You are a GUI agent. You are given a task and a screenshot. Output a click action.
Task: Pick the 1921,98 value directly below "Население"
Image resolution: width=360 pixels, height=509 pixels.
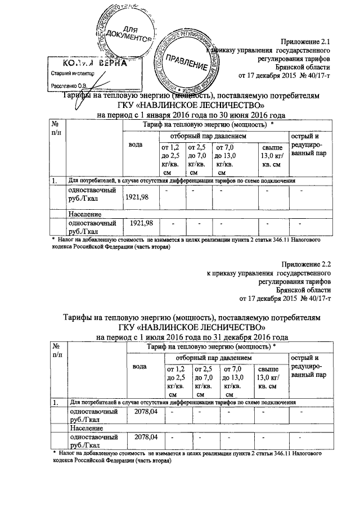coord(138,223)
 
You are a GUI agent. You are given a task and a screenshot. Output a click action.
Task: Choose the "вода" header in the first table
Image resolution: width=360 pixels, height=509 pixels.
coord(136,145)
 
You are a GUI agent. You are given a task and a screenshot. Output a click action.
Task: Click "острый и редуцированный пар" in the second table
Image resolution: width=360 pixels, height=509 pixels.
coord(308,366)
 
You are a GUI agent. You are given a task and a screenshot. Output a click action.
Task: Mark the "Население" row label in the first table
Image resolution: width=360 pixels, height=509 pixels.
coord(85,215)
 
